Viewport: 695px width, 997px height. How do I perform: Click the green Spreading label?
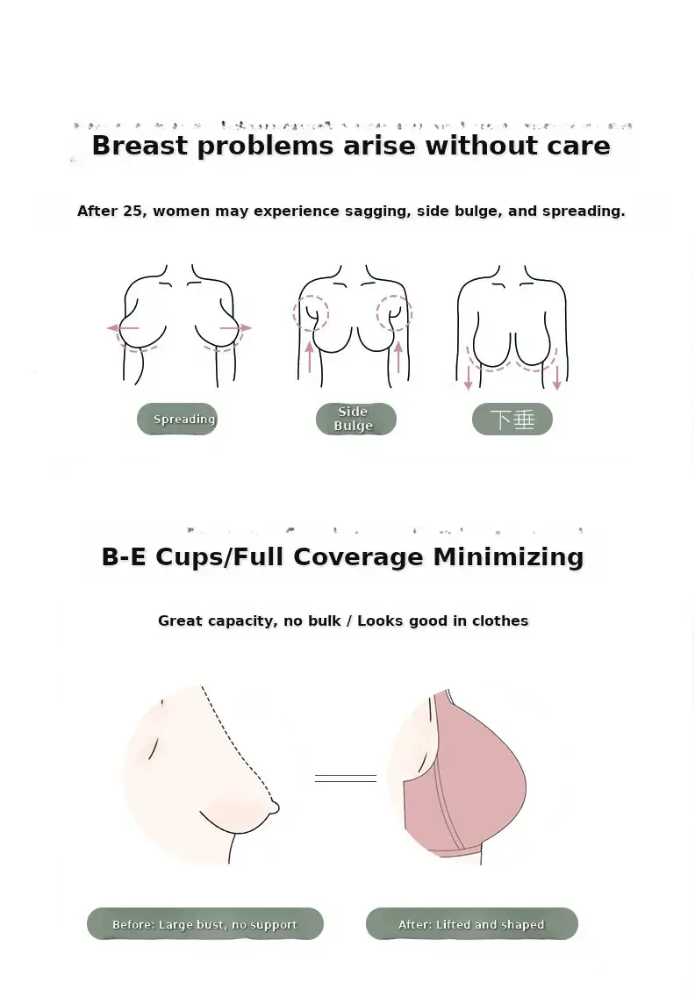pos(177,419)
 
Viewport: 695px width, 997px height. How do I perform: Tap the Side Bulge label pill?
pos(356,419)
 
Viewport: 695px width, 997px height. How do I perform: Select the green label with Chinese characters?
pos(512,419)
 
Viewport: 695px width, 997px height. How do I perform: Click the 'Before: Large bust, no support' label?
pos(204,924)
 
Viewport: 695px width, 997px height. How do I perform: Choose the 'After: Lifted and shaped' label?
pos(472,924)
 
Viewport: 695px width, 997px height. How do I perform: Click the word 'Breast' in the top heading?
pos(140,145)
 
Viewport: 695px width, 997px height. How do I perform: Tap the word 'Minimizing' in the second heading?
pos(508,556)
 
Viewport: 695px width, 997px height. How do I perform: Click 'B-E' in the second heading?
pos(124,557)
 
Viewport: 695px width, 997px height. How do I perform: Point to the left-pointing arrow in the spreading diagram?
pos(123,328)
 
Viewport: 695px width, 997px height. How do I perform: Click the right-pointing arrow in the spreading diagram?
pos(236,328)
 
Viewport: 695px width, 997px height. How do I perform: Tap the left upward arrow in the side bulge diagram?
pos(310,356)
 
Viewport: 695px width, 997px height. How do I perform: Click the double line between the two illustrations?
pos(345,778)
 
